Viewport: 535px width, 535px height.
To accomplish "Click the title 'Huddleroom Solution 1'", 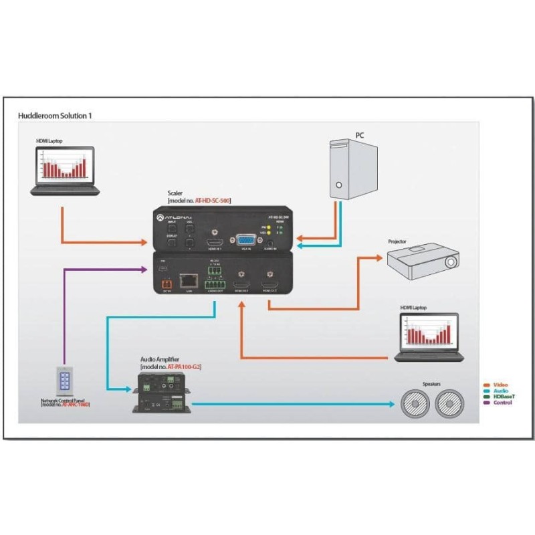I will pos(54,116).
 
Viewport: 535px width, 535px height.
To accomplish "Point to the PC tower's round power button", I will pos(339,185).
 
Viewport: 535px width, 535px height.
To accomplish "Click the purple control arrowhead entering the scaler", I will pos(144,270).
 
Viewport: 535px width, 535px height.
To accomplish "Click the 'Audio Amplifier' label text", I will pos(160,360).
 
